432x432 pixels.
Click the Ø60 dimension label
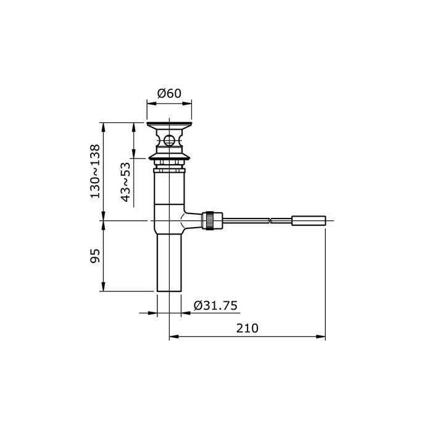coord(169,93)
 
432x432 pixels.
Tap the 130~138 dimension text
coord(95,171)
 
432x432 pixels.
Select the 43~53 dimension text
coord(125,182)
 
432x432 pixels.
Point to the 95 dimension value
coord(95,256)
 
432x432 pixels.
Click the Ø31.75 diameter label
coord(215,305)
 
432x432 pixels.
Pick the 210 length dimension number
coord(247,328)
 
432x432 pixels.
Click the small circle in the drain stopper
coord(169,141)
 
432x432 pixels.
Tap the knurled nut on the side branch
coord(208,220)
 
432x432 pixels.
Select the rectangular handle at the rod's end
coord(309,220)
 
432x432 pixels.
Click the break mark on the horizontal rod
coord(270,220)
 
